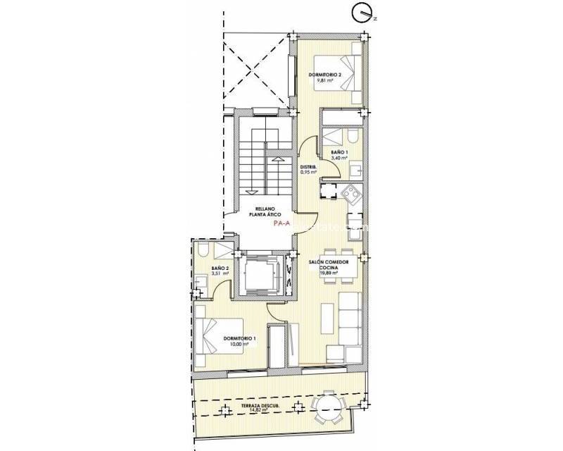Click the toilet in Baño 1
pos(349,137)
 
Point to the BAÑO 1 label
pos(339,152)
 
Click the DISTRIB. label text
pos(308,166)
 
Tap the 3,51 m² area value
pos(221,274)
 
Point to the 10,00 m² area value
pos(241,344)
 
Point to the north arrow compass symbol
pos(362,13)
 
